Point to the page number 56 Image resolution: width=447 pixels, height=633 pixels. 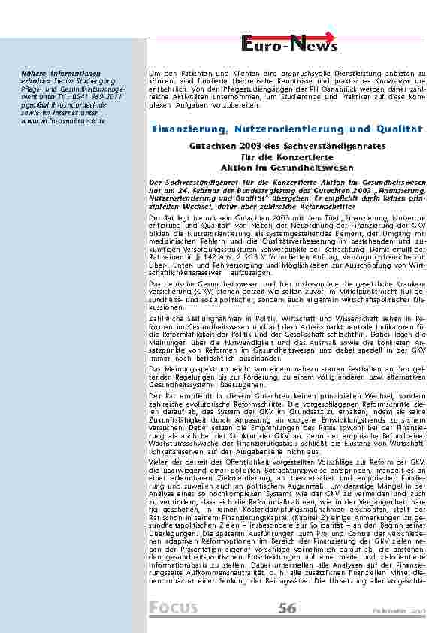[287, 608]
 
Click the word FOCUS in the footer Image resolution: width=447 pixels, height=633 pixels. [174, 608]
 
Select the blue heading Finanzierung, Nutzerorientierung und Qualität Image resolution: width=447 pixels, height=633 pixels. [288, 129]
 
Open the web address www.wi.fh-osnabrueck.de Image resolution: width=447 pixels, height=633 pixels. [63, 120]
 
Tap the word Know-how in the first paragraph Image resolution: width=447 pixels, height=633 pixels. [386, 78]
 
